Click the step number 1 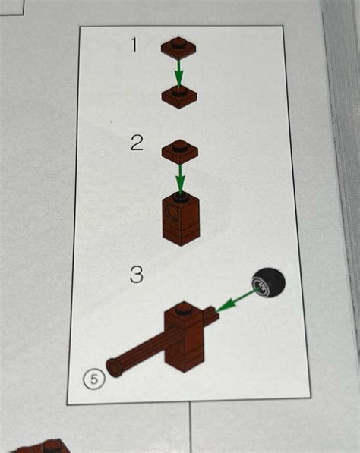pos(134,45)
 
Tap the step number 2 pos(137,143)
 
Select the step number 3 pos(137,275)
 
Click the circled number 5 pos(94,379)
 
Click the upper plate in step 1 pos(178,49)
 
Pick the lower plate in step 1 pos(179,97)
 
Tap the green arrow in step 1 pos(178,73)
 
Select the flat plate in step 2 pos(180,152)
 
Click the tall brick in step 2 pos(181,219)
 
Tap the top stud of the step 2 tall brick pos(181,197)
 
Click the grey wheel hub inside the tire pos(260,287)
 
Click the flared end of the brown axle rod pos(113,367)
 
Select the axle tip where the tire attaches pos(213,313)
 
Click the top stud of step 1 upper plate pos(178,42)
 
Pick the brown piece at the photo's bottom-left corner pos(43,446)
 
